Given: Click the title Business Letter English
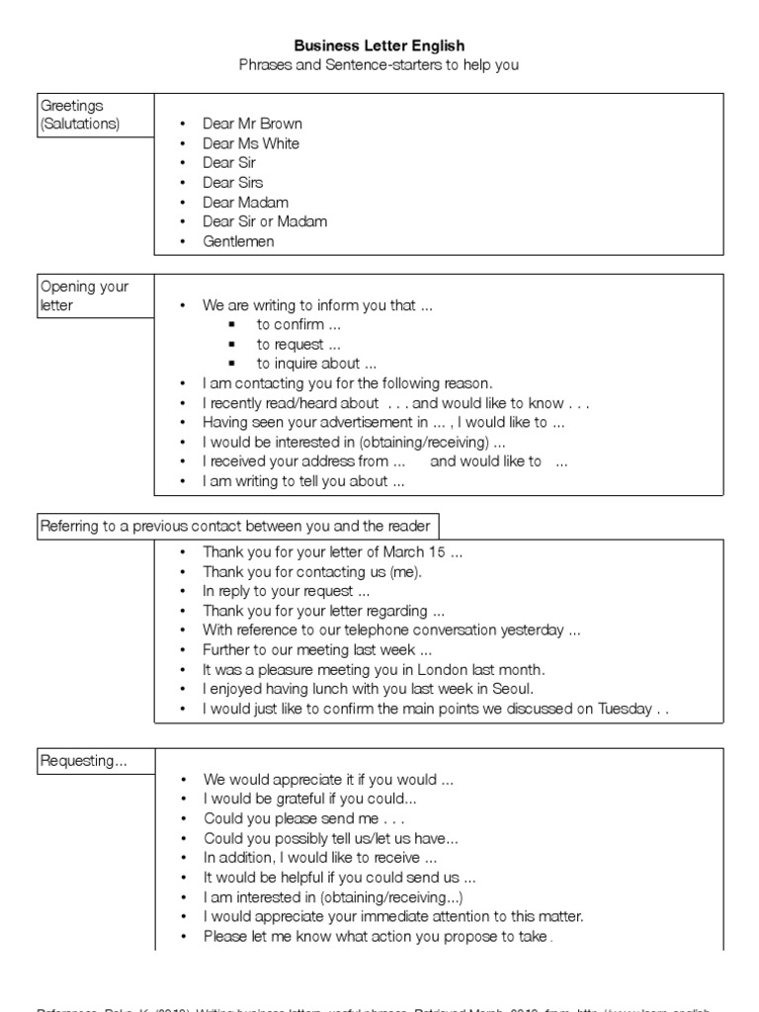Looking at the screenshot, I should tap(379, 45).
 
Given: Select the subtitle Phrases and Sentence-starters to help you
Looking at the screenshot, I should tap(379, 65).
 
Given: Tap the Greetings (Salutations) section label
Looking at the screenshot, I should tap(79, 115).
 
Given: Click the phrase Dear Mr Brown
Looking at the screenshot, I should tap(252, 124).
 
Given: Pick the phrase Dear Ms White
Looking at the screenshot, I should tap(251, 143).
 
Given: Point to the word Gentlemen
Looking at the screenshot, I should tap(238, 241).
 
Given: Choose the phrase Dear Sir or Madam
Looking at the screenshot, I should tap(265, 221).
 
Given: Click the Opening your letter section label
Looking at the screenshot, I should tap(84, 295).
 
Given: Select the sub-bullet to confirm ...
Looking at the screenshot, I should tap(298, 325).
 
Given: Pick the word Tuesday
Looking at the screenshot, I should tap(626, 709).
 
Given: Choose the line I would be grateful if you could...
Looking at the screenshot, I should tap(310, 799).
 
